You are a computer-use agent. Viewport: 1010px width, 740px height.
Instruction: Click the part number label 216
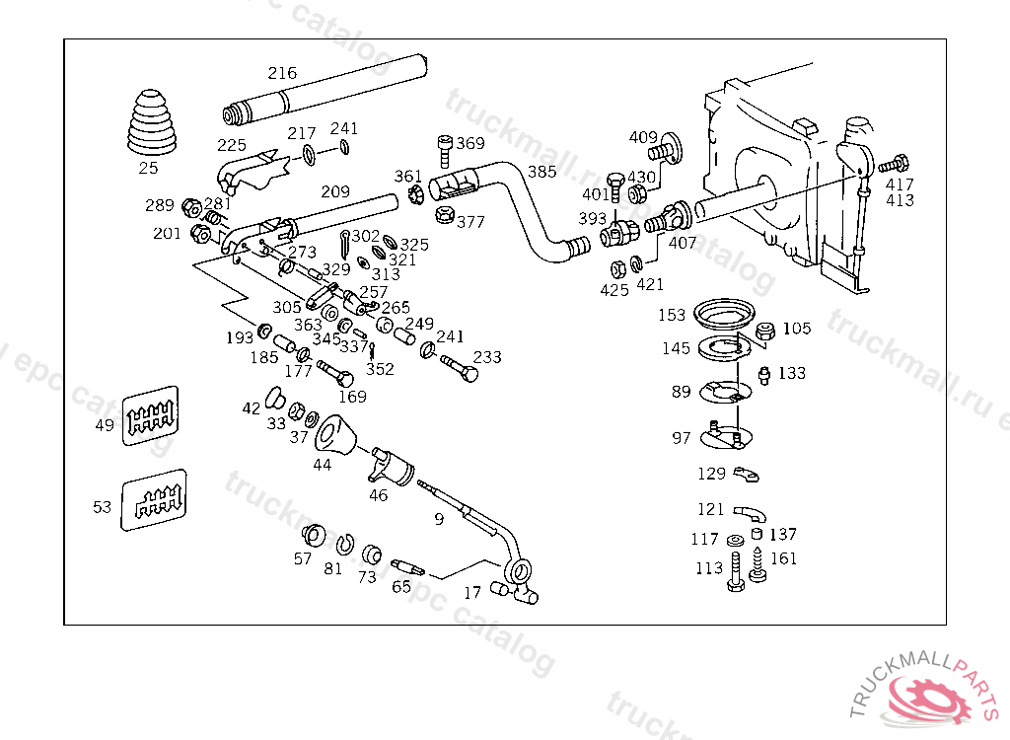coord(282,73)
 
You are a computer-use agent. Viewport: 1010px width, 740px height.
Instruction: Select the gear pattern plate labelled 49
coord(150,416)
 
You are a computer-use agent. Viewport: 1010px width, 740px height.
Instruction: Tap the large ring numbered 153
coord(724,315)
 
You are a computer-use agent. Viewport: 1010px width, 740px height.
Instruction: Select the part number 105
coord(797,329)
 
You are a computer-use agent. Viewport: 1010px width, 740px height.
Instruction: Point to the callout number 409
coord(643,137)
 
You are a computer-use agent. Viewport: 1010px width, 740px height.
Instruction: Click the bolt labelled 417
coord(893,165)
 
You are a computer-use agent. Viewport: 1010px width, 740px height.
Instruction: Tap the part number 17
coord(472,593)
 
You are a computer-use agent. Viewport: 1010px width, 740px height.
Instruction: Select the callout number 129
coord(711,475)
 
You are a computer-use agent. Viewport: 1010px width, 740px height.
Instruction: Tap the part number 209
coord(335,191)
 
